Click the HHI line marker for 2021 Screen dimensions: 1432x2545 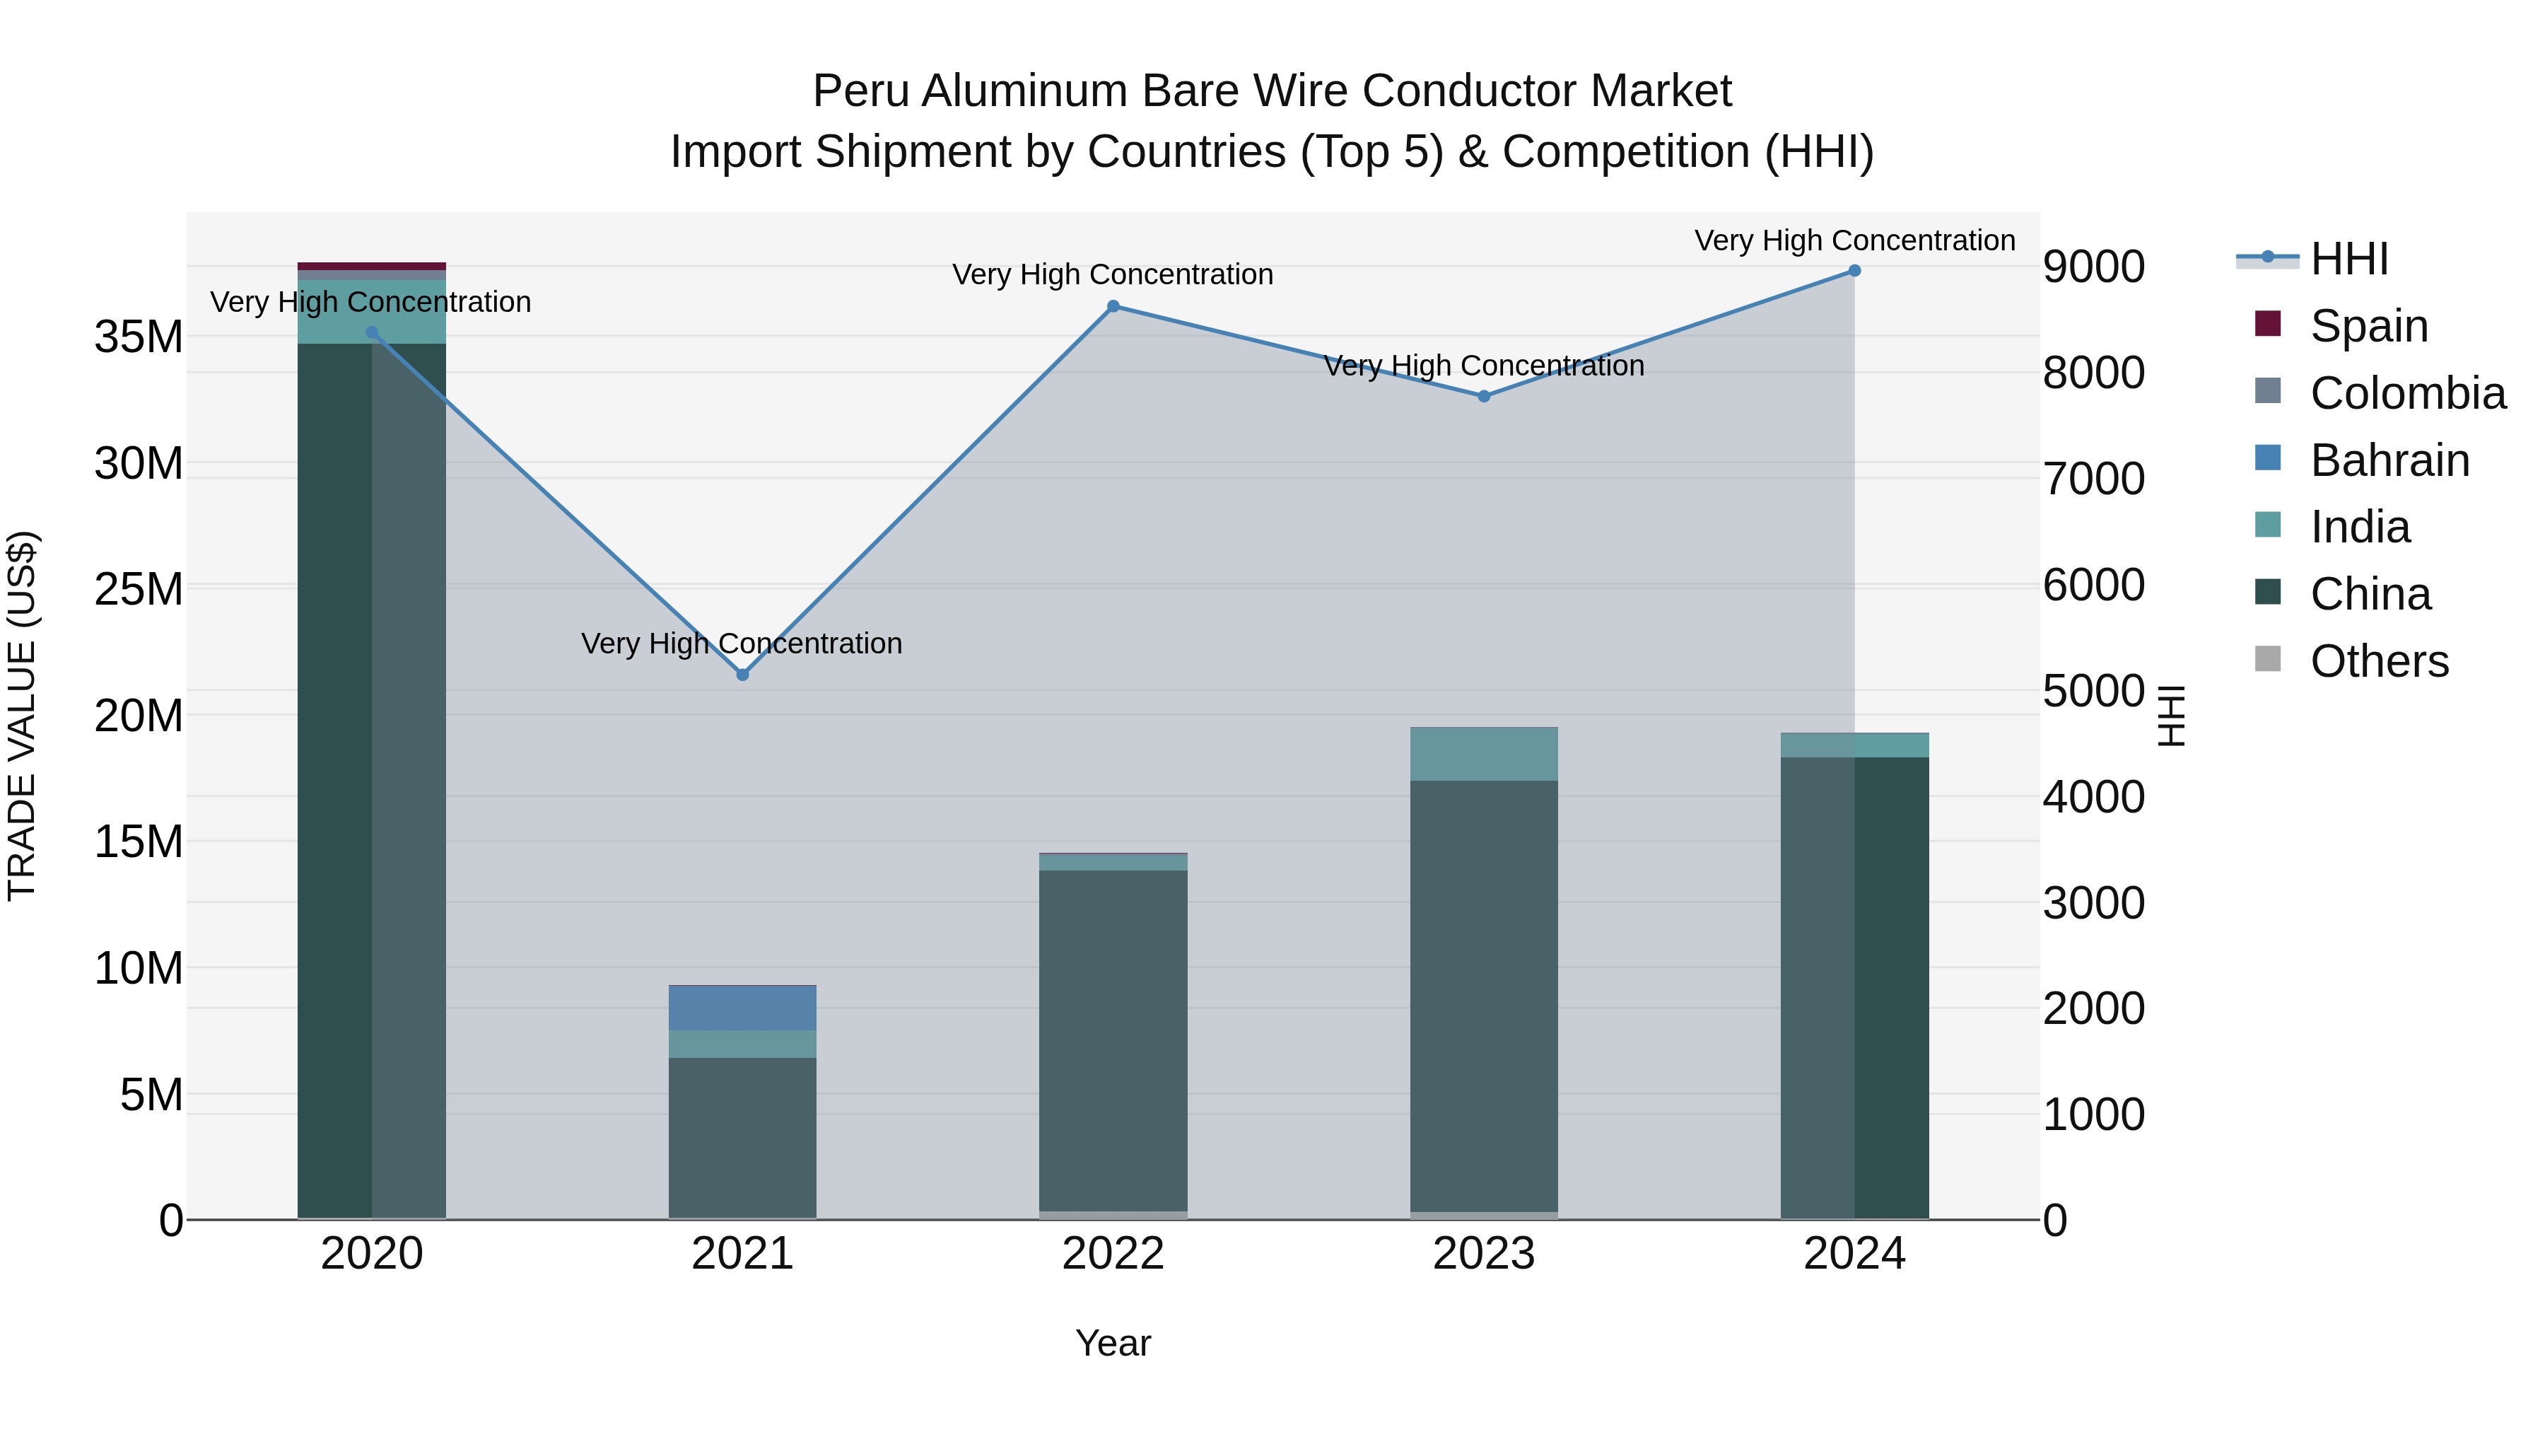pos(743,675)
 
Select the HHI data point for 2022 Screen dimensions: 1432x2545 pos(1113,306)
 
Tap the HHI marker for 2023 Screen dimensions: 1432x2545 pos(1484,396)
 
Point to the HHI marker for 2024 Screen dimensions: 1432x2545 pos(1854,271)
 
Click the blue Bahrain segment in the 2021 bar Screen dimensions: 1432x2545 pos(743,1008)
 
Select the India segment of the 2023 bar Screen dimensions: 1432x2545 pos(1484,754)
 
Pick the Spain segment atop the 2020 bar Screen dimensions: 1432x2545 pos(371,266)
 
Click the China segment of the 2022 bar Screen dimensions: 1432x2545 pos(1113,1037)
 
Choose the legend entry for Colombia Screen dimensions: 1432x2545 pos(2406,393)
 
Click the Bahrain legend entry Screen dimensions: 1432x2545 pos(2389,460)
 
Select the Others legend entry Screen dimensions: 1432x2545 pos(2378,661)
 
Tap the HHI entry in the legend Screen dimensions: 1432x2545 pos(2348,259)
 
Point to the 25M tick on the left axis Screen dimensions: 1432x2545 pos(139,590)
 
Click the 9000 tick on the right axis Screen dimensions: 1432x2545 pos(2093,267)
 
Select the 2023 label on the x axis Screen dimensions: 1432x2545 pos(1484,1254)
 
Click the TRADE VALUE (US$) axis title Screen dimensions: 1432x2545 pos(22,716)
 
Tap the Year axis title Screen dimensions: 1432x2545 pos(1113,1343)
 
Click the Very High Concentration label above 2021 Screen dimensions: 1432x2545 pos(742,644)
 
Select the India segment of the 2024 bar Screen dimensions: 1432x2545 pos(1854,745)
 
